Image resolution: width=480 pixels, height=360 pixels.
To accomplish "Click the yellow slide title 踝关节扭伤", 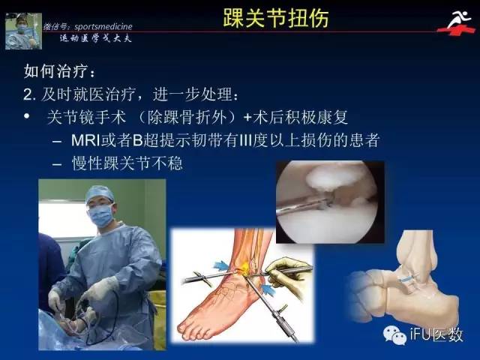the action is [276, 18].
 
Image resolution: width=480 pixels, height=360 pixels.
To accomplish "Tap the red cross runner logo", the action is [456, 23].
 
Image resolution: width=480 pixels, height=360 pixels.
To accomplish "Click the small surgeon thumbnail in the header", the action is [23, 31].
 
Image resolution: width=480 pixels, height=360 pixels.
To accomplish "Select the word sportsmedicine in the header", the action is [103, 27].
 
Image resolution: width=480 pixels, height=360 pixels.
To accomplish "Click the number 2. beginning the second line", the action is [29, 94].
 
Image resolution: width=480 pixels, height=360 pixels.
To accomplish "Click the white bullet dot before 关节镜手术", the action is [27, 116].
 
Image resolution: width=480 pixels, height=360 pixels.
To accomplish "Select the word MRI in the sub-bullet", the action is [86, 140].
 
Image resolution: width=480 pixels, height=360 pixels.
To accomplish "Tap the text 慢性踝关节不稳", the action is [127, 163].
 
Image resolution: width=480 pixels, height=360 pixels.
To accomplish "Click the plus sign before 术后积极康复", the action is [247, 117].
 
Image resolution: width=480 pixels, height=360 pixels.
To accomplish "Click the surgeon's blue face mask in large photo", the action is [101, 215].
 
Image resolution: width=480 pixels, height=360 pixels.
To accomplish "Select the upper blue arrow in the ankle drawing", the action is [221, 265].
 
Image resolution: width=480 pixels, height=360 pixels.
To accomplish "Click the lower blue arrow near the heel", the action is [268, 290].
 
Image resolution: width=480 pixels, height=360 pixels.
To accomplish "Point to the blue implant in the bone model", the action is [406, 278].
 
